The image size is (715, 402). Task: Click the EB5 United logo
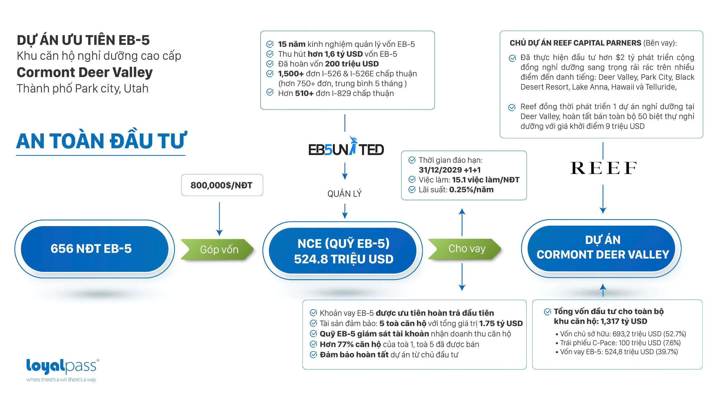(x=346, y=148)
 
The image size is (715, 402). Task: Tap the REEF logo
(x=603, y=168)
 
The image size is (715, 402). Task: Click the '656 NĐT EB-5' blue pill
(x=91, y=249)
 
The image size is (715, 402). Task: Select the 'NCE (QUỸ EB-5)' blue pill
(x=343, y=251)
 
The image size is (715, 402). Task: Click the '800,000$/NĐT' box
(x=221, y=185)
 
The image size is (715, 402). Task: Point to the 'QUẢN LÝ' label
(x=344, y=194)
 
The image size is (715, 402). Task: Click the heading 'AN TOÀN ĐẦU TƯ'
(x=101, y=141)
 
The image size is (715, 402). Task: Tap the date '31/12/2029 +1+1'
(x=450, y=170)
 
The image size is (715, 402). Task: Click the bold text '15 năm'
(x=291, y=44)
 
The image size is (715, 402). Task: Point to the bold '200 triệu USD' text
(x=352, y=64)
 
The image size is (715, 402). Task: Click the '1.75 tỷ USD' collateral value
(x=501, y=323)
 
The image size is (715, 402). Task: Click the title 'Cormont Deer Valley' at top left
(x=85, y=73)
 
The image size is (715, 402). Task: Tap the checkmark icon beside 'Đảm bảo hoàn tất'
(x=313, y=355)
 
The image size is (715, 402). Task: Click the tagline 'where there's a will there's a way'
(x=61, y=380)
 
